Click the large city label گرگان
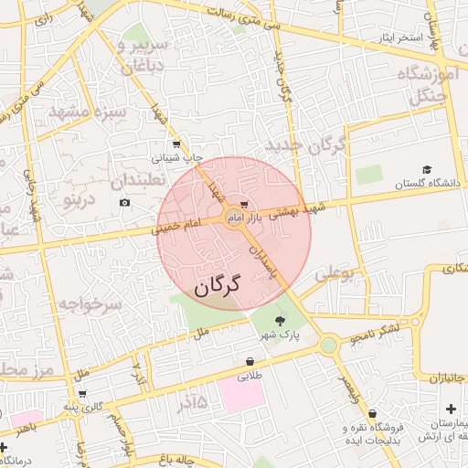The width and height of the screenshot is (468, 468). (216, 285)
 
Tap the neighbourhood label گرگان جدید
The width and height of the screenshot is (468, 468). (304, 145)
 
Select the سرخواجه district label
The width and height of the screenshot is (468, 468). (89, 303)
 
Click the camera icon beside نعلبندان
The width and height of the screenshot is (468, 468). (124, 202)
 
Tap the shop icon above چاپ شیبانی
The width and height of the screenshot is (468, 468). (176, 144)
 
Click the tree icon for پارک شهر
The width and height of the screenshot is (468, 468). (279, 320)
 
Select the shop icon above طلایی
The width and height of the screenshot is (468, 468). (250, 361)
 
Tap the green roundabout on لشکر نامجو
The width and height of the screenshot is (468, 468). (328, 345)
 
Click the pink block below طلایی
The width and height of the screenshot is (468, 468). (240, 396)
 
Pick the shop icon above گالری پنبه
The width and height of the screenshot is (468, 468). (83, 394)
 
